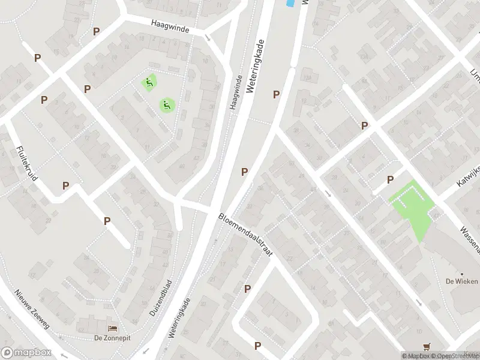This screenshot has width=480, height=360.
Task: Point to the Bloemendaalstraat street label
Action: pos(246,236)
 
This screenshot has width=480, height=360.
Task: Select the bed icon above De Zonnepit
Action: pos(112,328)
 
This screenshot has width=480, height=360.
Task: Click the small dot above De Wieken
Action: pos(461,274)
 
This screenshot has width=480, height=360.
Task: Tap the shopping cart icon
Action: pos(427,346)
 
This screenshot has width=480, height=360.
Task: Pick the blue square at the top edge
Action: pos(290,3)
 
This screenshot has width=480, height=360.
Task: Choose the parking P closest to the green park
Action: pos(390,179)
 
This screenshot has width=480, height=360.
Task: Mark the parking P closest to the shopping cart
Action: pos(257,346)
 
